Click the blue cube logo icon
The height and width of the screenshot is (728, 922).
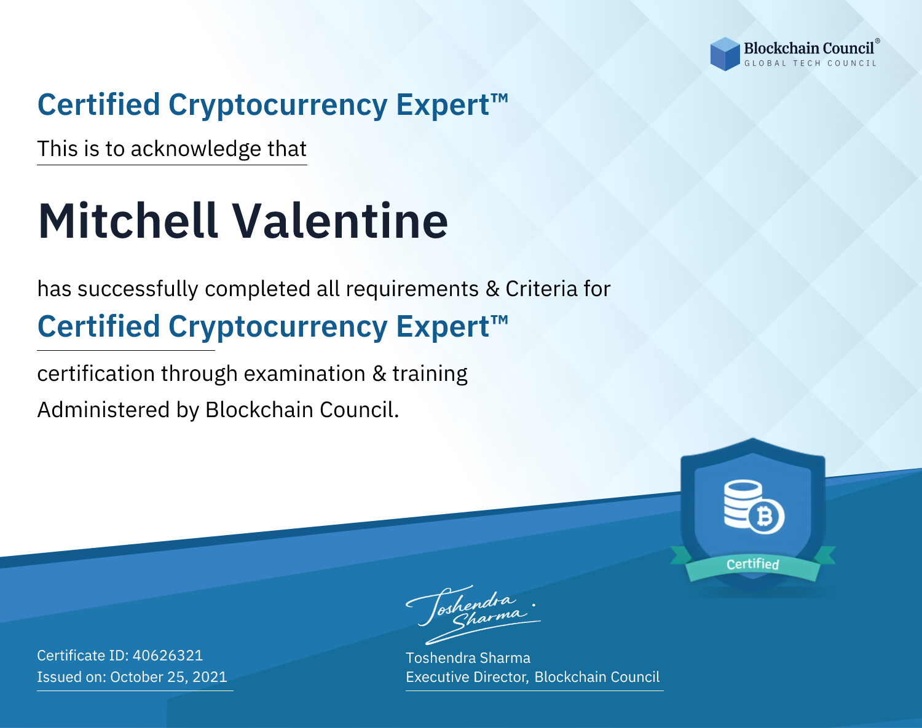[725, 54]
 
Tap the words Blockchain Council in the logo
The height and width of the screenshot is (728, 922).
[809, 48]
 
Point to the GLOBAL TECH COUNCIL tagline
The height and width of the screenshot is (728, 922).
[810, 63]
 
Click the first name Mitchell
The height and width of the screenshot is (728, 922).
[128, 221]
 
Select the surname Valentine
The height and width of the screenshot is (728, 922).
[340, 221]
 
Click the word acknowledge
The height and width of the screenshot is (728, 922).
[196, 149]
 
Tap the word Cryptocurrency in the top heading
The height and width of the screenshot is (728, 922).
[278, 105]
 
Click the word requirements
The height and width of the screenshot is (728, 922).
[412, 289]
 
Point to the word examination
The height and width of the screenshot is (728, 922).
[305, 374]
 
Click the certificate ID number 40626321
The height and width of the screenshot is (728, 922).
[168, 655]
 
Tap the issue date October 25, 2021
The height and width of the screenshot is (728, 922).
[168, 676]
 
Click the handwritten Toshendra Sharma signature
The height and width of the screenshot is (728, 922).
[473, 614]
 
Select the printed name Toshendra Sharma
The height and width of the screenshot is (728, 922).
[468, 658]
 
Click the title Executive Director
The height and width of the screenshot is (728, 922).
[467, 677]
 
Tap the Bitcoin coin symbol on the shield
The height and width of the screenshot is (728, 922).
[766, 516]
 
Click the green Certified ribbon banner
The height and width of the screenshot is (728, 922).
[753, 563]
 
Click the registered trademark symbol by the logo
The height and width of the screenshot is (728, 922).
[878, 41]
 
